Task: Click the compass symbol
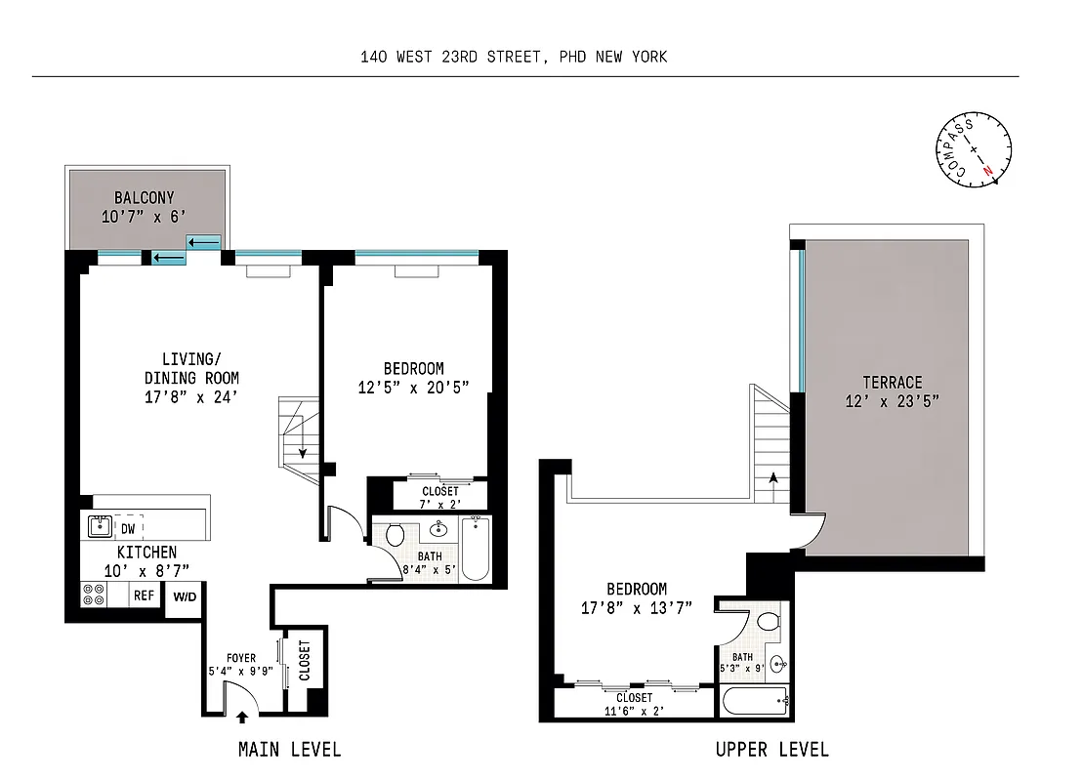coord(974,152)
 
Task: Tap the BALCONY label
coord(144,198)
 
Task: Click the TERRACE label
coord(892,383)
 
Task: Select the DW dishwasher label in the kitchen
coord(128,528)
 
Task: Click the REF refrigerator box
coord(144,595)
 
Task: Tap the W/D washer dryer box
coord(184,596)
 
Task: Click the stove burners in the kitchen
coord(95,595)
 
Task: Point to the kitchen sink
coord(99,527)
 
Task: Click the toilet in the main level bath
coord(396,535)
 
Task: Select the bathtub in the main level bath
coord(475,550)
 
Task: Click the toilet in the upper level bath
coord(768,620)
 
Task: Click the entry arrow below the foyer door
coord(242,719)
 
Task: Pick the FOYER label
coord(241,658)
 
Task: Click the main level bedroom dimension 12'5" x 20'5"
coord(413,387)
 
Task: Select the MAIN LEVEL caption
coord(290,750)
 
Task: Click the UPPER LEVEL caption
coord(771,750)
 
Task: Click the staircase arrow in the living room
coord(303,451)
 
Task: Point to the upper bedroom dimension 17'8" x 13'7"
coord(637,607)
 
